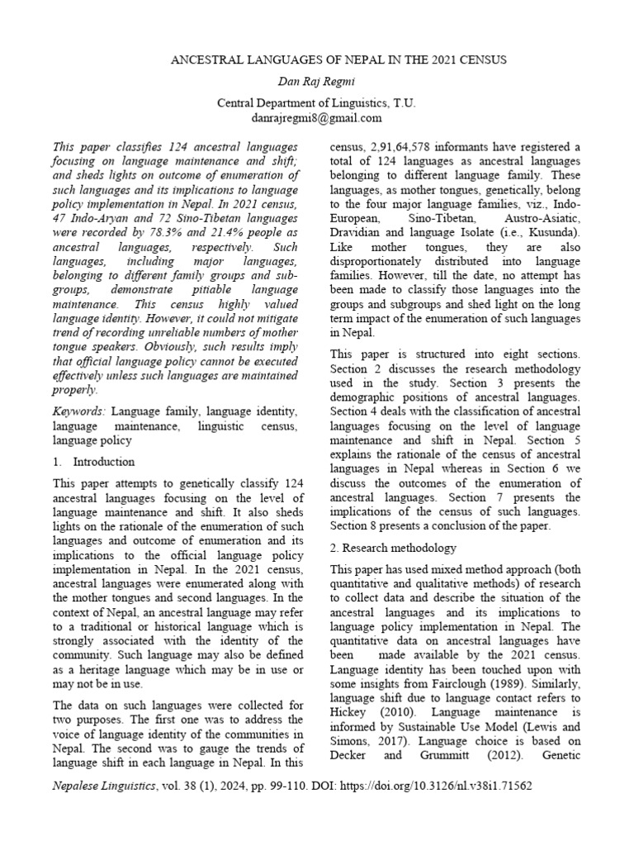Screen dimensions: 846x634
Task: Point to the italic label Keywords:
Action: (x=79, y=411)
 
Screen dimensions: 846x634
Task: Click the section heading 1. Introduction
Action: (x=93, y=462)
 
